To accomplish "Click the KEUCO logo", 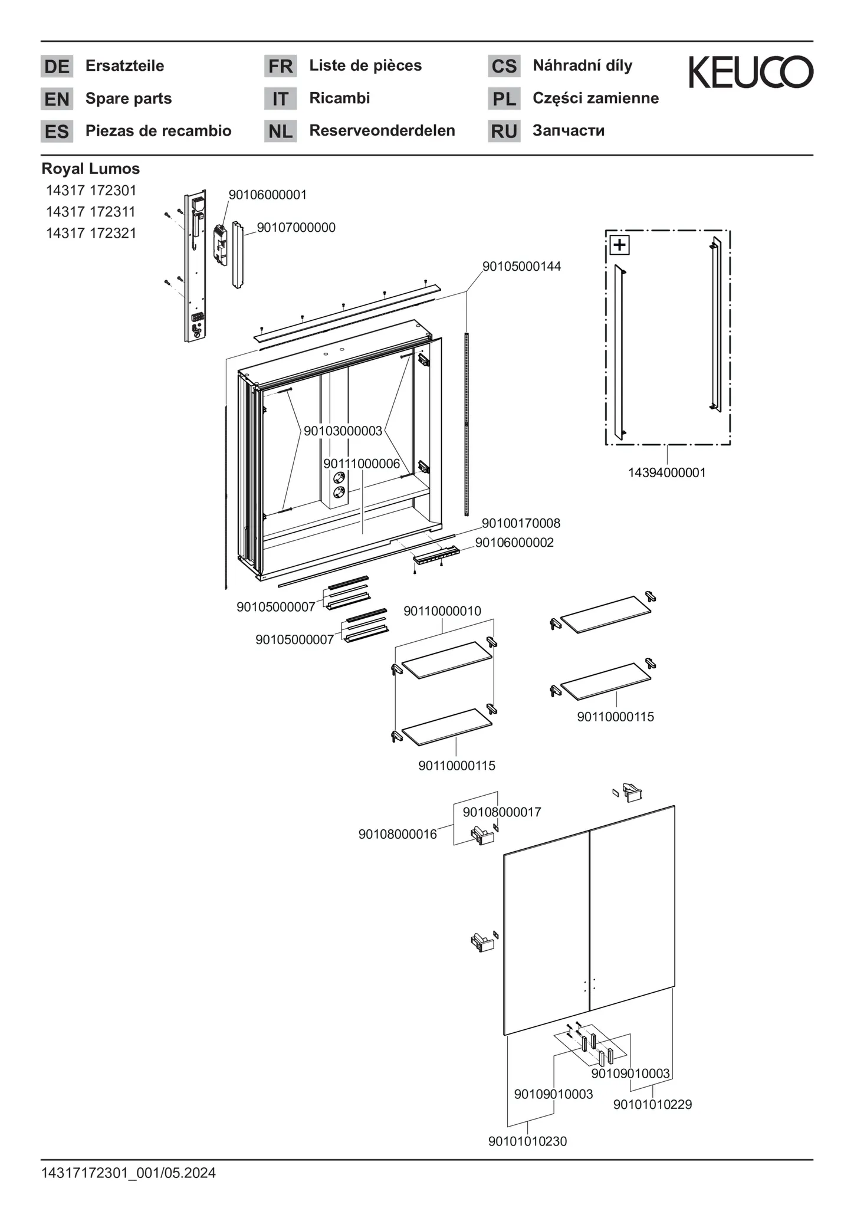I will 751,72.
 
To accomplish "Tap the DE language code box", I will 57,66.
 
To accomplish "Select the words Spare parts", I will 129,99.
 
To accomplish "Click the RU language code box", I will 504,131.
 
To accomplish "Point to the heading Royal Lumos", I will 91,169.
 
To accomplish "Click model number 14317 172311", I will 91,212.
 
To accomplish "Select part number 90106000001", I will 268,195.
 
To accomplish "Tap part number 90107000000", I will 296,228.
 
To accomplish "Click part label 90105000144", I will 521,267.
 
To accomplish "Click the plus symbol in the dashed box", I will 619,244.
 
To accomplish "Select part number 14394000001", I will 666,472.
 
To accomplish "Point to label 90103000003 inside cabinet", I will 343,431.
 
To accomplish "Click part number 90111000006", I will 362,464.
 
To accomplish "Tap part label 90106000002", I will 514,543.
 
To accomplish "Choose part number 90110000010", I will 442,611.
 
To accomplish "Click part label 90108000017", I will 501,812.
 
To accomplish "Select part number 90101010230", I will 527,1141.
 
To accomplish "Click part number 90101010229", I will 652,1104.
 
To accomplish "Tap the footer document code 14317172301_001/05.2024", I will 129,1173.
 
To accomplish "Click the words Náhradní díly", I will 582,65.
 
